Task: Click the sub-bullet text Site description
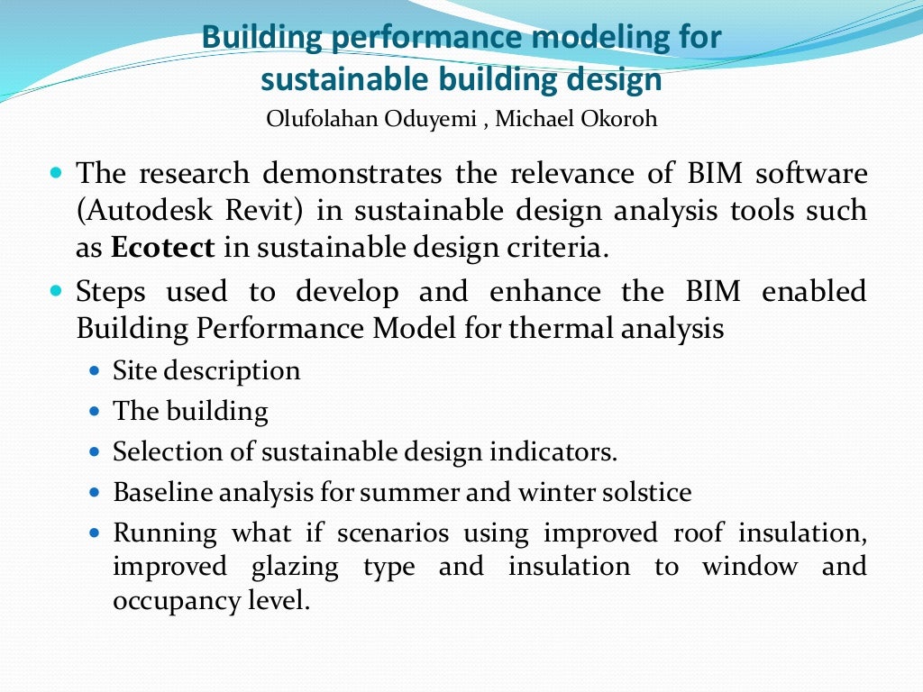click(x=206, y=370)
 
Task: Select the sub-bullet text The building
click(x=190, y=412)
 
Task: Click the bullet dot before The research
click(x=56, y=171)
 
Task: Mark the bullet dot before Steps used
click(x=56, y=291)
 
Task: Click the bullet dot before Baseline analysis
click(x=96, y=493)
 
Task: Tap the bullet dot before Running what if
click(x=96, y=533)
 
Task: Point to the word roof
click(x=698, y=533)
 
